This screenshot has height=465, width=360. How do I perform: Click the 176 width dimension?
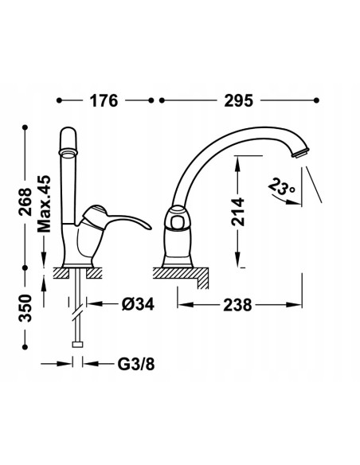point(104,100)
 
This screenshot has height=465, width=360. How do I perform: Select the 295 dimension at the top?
point(239,100)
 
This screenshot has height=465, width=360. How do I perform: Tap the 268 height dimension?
point(25,202)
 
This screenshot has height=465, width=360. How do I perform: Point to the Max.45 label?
point(44,204)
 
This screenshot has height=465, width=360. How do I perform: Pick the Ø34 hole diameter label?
point(139,304)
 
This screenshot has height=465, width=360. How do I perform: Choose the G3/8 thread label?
point(136,364)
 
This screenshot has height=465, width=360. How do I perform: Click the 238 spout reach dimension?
point(237,305)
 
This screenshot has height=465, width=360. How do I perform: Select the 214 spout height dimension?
point(238,212)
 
